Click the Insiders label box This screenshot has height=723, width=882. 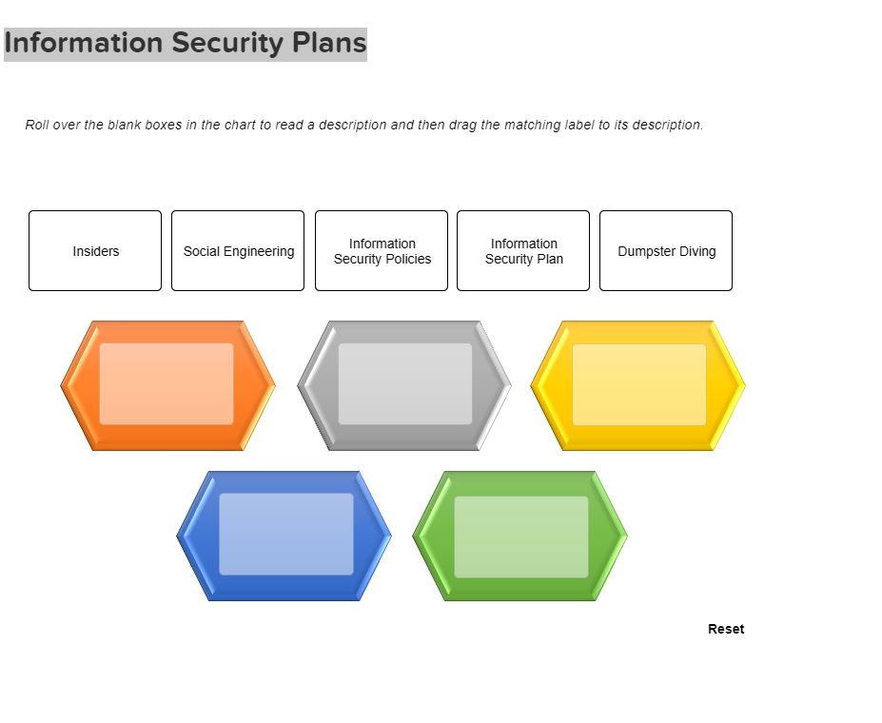pyautogui.click(x=95, y=251)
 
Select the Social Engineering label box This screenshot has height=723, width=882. pyautogui.click(x=238, y=251)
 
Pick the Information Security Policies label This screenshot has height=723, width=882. pyautogui.click(x=382, y=251)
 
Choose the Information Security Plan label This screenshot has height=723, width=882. pyautogui.click(x=523, y=251)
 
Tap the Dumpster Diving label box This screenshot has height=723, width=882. pyautogui.click(x=666, y=251)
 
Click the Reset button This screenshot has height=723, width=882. pyautogui.click(x=726, y=629)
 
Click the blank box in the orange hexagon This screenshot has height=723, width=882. pyautogui.click(x=167, y=384)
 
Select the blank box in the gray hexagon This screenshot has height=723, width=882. pyautogui.click(x=405, y=384)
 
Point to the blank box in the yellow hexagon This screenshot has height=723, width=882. pyautogui.click(x=639, y=384)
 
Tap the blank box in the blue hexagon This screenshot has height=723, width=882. pyautogui.click(x=286, y=534)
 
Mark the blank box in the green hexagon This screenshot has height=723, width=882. pyautogui.click(x=521, y=537)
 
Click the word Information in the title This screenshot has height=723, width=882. pyautogui.click(x=83, y=43)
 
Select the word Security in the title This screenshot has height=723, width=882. pyautogui.click(x=227, y=44)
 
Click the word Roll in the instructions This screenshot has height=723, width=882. pyautogui.click(x=36, y=125)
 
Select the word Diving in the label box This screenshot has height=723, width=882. pyautogui.click(x=697, y=251)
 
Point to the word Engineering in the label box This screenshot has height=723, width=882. pyautogui.click(x=259, y=251)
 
